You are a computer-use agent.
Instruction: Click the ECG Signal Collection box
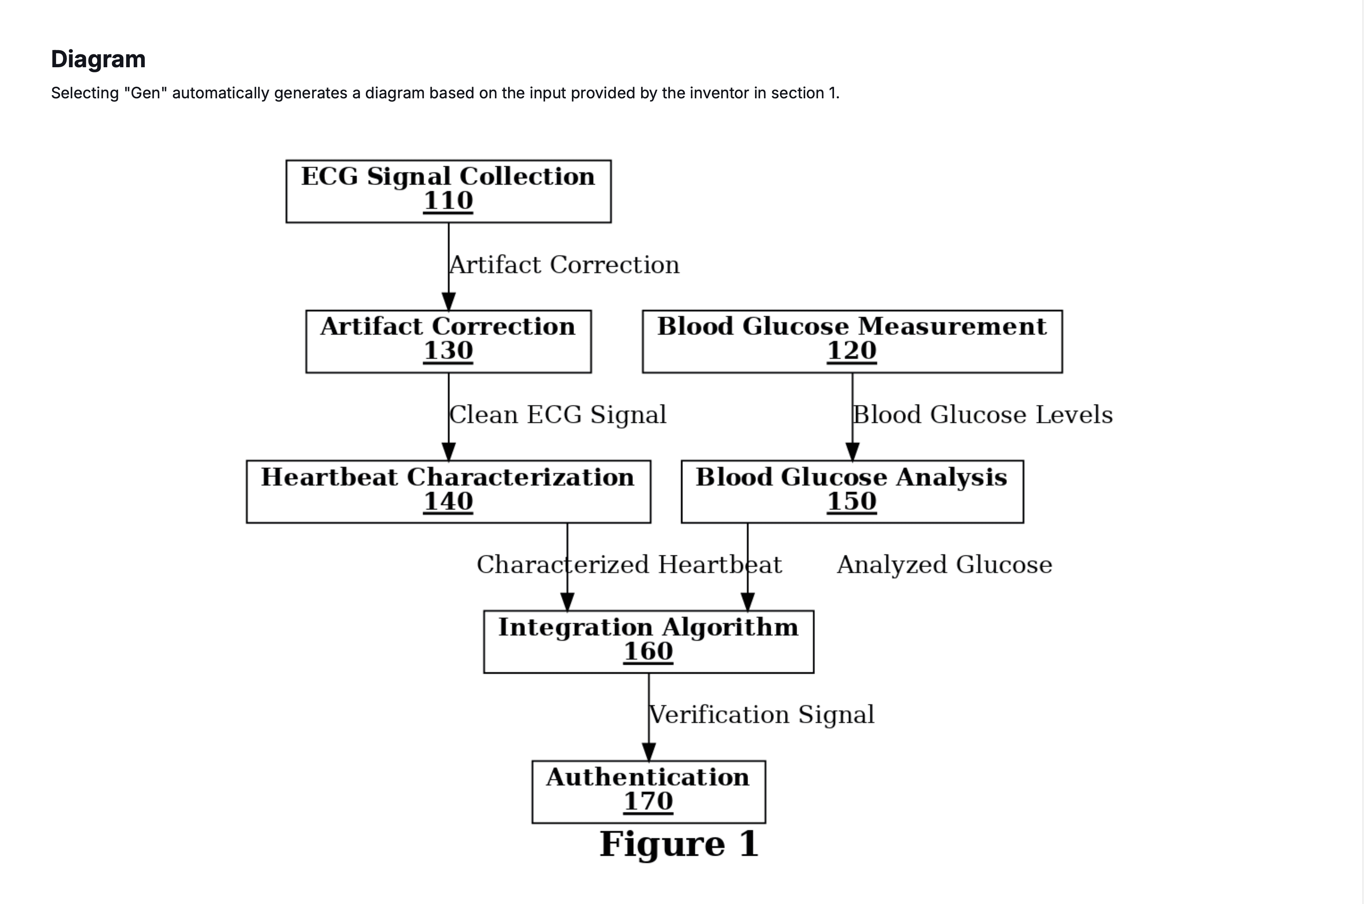[448, 191]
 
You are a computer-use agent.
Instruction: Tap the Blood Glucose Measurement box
[852, 341]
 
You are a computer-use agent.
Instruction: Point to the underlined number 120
[852, 351]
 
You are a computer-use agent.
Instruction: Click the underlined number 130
[448, 351]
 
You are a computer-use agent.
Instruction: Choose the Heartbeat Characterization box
[448, 492]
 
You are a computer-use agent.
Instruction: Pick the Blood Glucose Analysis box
[852, 492]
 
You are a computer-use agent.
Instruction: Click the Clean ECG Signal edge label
[558, 415]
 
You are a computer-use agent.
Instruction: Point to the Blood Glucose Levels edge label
[983, 415]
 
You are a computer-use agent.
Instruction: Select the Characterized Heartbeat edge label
[629, 565]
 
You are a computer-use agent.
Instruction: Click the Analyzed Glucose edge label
[945, 565]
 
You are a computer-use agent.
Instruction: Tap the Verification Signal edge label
[762, 715]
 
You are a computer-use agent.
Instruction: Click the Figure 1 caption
[679, 845]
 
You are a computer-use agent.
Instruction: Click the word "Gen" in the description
[145, 93]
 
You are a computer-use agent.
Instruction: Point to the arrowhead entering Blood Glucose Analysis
[852, 452]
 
